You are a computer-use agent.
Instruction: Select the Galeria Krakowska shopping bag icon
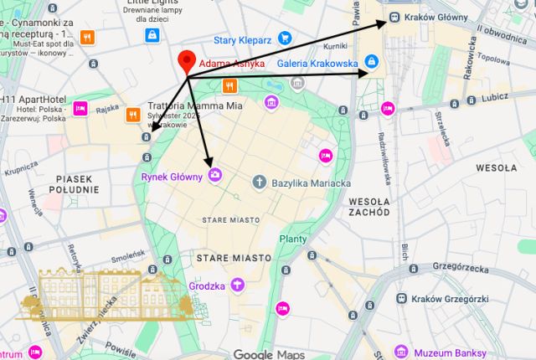click(x=373, y=62)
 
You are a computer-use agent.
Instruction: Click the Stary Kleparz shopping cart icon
click(x=285, y=37)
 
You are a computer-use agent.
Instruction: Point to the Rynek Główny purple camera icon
click(x=214, y=175)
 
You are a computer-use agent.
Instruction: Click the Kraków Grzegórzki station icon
click(x=403, y=299)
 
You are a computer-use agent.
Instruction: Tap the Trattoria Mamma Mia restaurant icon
click(x=131, y=114)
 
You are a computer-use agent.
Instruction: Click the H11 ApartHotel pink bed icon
click(x=80, y=108)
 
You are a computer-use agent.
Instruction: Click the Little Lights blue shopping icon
click(x=152, y=34)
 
